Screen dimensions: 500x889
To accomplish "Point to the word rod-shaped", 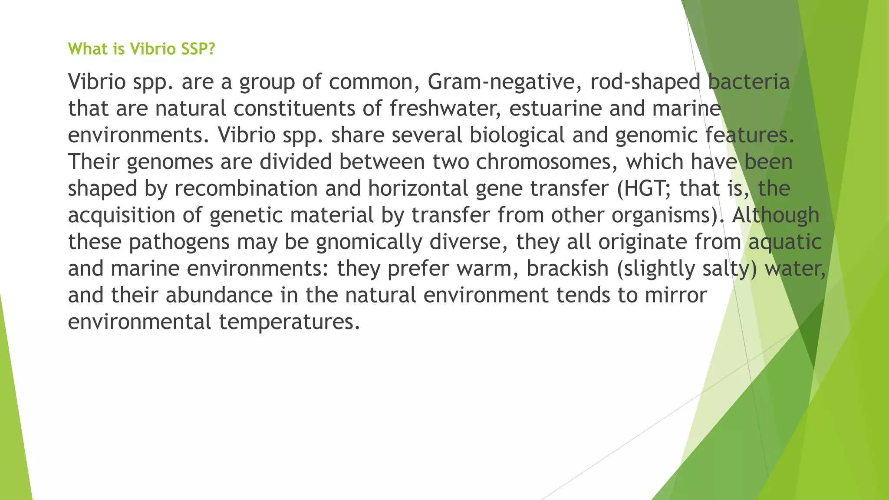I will (645, 82).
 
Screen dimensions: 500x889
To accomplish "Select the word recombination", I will (246, 188).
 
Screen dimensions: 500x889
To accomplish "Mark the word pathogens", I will (179, 242).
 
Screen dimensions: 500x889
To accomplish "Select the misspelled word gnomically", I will (369, 242).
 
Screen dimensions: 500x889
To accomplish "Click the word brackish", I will (567, 268).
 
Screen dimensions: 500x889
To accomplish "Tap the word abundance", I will (219, 295).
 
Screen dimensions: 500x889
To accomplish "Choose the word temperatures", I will (289, 322).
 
